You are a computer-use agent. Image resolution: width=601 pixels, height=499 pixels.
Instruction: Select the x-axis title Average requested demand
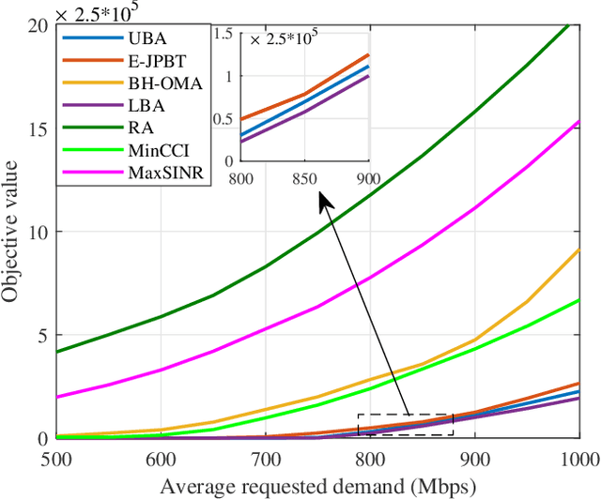pyautogui.click(x=318, y=486)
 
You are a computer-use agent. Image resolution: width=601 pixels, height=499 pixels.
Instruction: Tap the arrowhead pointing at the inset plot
pyautogui.click(x=323, y=199)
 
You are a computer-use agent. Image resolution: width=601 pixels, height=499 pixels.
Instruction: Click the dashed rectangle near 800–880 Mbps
pyautogui.click(x=406, y=425)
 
